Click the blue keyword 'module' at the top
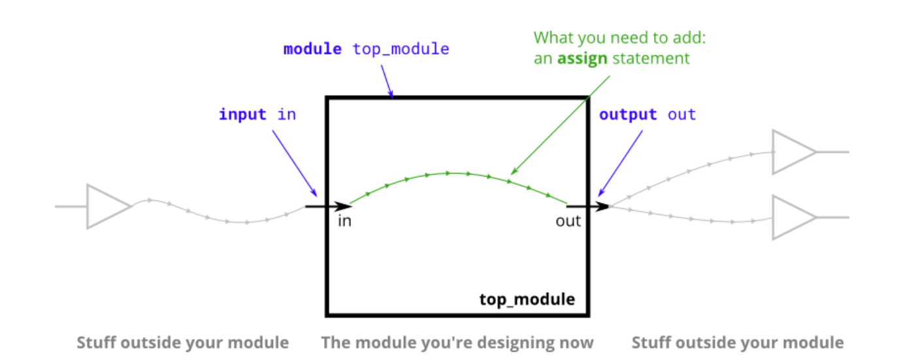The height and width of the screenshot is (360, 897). [312, 49]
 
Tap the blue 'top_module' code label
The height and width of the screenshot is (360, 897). [401, 50]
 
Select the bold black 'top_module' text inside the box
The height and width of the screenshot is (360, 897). [527, 299]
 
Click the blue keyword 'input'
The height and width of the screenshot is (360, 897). [242, 115]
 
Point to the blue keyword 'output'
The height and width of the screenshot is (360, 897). [627, 115]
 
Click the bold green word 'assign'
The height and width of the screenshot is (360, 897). [582, 59]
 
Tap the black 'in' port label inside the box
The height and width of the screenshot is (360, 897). [344, 221]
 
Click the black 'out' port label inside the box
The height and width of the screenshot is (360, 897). [568, 221]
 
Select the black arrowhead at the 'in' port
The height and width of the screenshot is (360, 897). [343, 206]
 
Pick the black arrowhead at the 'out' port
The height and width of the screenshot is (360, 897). [602, 206]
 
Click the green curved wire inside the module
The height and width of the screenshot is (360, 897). [457, 173]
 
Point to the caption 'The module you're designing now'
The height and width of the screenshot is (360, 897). [457, 343]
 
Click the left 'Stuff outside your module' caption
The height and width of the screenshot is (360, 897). [183, 343]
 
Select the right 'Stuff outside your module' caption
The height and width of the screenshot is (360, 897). [738, 343]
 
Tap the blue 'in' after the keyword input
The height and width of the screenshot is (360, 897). [287, 115]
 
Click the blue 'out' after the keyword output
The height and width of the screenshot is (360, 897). [681, 115]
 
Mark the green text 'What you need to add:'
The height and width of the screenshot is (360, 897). [619, 38]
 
